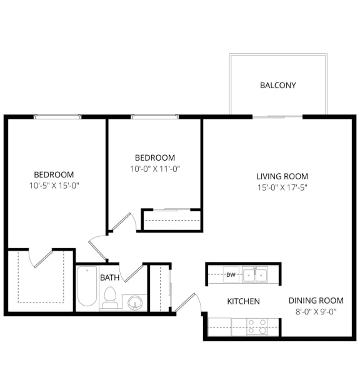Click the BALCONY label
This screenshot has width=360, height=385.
(x=278, y=86)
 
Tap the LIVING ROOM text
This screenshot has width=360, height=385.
(x=282, y=176)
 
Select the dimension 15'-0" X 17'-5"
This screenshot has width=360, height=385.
(x=282, y=187)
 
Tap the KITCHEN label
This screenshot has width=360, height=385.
(x=243, y=301)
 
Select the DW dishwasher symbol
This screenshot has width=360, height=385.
(x=231, y=274)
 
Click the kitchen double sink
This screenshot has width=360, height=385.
(x=255, y=274)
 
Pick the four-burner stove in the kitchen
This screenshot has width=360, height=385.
(x=257, y=327)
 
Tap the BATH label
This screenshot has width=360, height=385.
(x=109, y=277)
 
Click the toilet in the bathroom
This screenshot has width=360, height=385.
(x=110, y=297)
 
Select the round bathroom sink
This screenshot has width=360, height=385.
(x=135, y=303)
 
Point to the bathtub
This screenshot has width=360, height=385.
(x=87, y=288)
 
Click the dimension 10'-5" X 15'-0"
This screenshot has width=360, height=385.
(x=54, y=185)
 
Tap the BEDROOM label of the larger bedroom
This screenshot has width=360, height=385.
(x=54, y=174)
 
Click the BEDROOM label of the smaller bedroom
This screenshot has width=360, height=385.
(x=155, y=158)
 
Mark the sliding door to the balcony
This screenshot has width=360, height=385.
(x=277, y=116)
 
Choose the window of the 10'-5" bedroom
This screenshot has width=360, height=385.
(x=57, y=116)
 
